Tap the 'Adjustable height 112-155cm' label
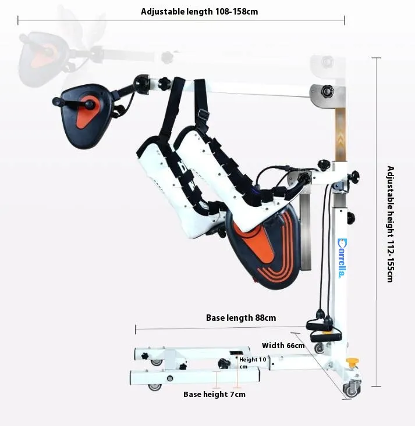click(x=391, y=224)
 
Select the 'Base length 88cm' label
click(x=241, y=318)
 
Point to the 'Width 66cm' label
click(x=283, y=345)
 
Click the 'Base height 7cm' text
click(x=214, y=394)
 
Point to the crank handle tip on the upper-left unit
click(x=56, y=102)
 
